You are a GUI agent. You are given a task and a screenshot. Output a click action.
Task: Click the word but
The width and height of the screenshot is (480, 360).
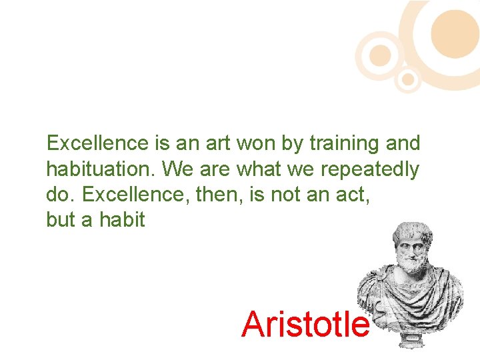pyautogui.click(x=60, y=220)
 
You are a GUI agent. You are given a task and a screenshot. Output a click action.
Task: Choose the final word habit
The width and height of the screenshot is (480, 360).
pyautogui.click(x=122, y=220)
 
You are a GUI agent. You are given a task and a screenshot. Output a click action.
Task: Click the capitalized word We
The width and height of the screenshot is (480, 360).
pyautogui.click(x=177, y=169)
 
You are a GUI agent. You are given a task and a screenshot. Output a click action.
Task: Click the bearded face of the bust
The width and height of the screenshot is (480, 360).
pyautogui.click(x=411, y=250)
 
